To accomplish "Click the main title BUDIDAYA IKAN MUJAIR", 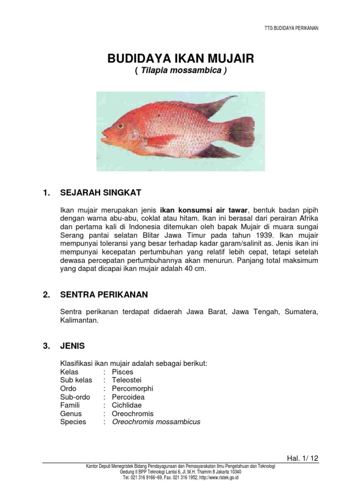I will point(180,59).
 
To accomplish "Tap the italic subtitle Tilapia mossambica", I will point(180,71).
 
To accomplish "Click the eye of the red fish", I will point(121,126).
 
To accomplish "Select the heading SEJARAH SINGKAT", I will point(101,193).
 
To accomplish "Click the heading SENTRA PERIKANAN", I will point(104,295).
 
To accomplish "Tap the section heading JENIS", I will point(72,346).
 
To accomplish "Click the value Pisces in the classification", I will point(122,372).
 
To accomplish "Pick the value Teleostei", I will point(126,380).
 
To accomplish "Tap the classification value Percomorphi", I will point(132,388).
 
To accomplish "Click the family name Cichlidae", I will point(126,405).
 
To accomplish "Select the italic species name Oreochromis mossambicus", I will point(156,422).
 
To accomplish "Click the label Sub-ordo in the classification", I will point(75,397).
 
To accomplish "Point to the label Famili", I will point(70,405).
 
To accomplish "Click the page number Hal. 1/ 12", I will point(302,458).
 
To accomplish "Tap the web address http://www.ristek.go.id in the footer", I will point(224,477).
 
